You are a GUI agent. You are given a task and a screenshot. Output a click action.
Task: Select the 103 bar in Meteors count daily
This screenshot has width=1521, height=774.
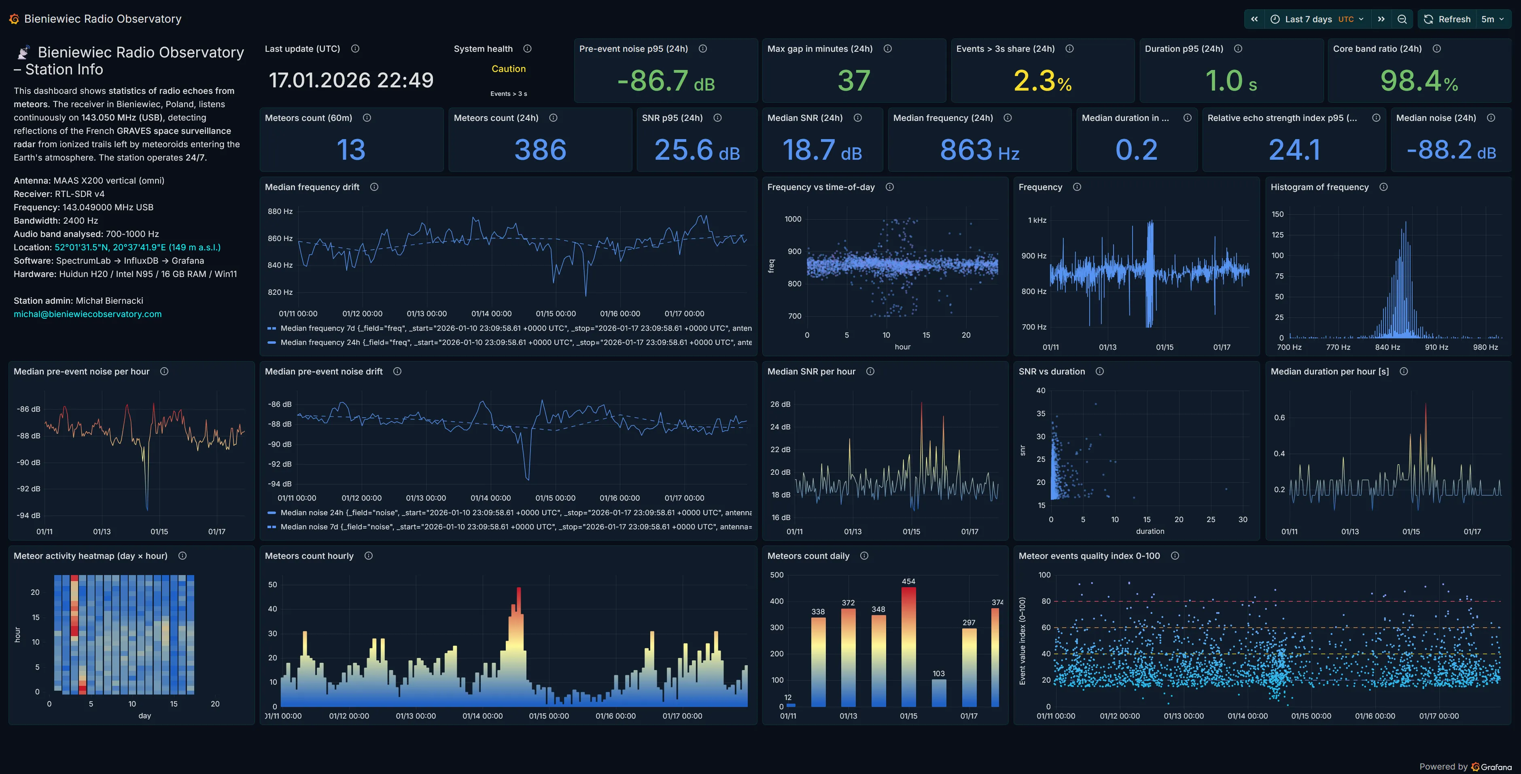click(939, 693)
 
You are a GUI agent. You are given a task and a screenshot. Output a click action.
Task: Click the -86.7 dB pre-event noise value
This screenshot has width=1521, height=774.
click(666, 81)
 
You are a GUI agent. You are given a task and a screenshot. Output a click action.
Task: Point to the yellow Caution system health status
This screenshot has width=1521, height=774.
click(508, 69)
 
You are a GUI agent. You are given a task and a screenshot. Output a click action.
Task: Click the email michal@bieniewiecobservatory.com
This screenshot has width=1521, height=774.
click(87, 314)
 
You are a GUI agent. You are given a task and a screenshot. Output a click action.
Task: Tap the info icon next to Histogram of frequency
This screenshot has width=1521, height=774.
click(1383, 187)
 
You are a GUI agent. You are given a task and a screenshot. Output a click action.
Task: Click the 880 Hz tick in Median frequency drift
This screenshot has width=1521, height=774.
click(280, 211)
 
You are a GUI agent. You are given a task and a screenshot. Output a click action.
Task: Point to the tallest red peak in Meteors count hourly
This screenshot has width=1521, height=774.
click(518, 590)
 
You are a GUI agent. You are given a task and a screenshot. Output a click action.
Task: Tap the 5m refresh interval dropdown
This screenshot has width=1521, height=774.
click(1492, 19)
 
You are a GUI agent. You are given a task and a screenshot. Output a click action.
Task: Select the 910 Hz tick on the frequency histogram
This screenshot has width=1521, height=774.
click(1436, 347)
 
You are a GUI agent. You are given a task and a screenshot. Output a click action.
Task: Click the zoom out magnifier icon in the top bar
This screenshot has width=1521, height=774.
click(1402, 19)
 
